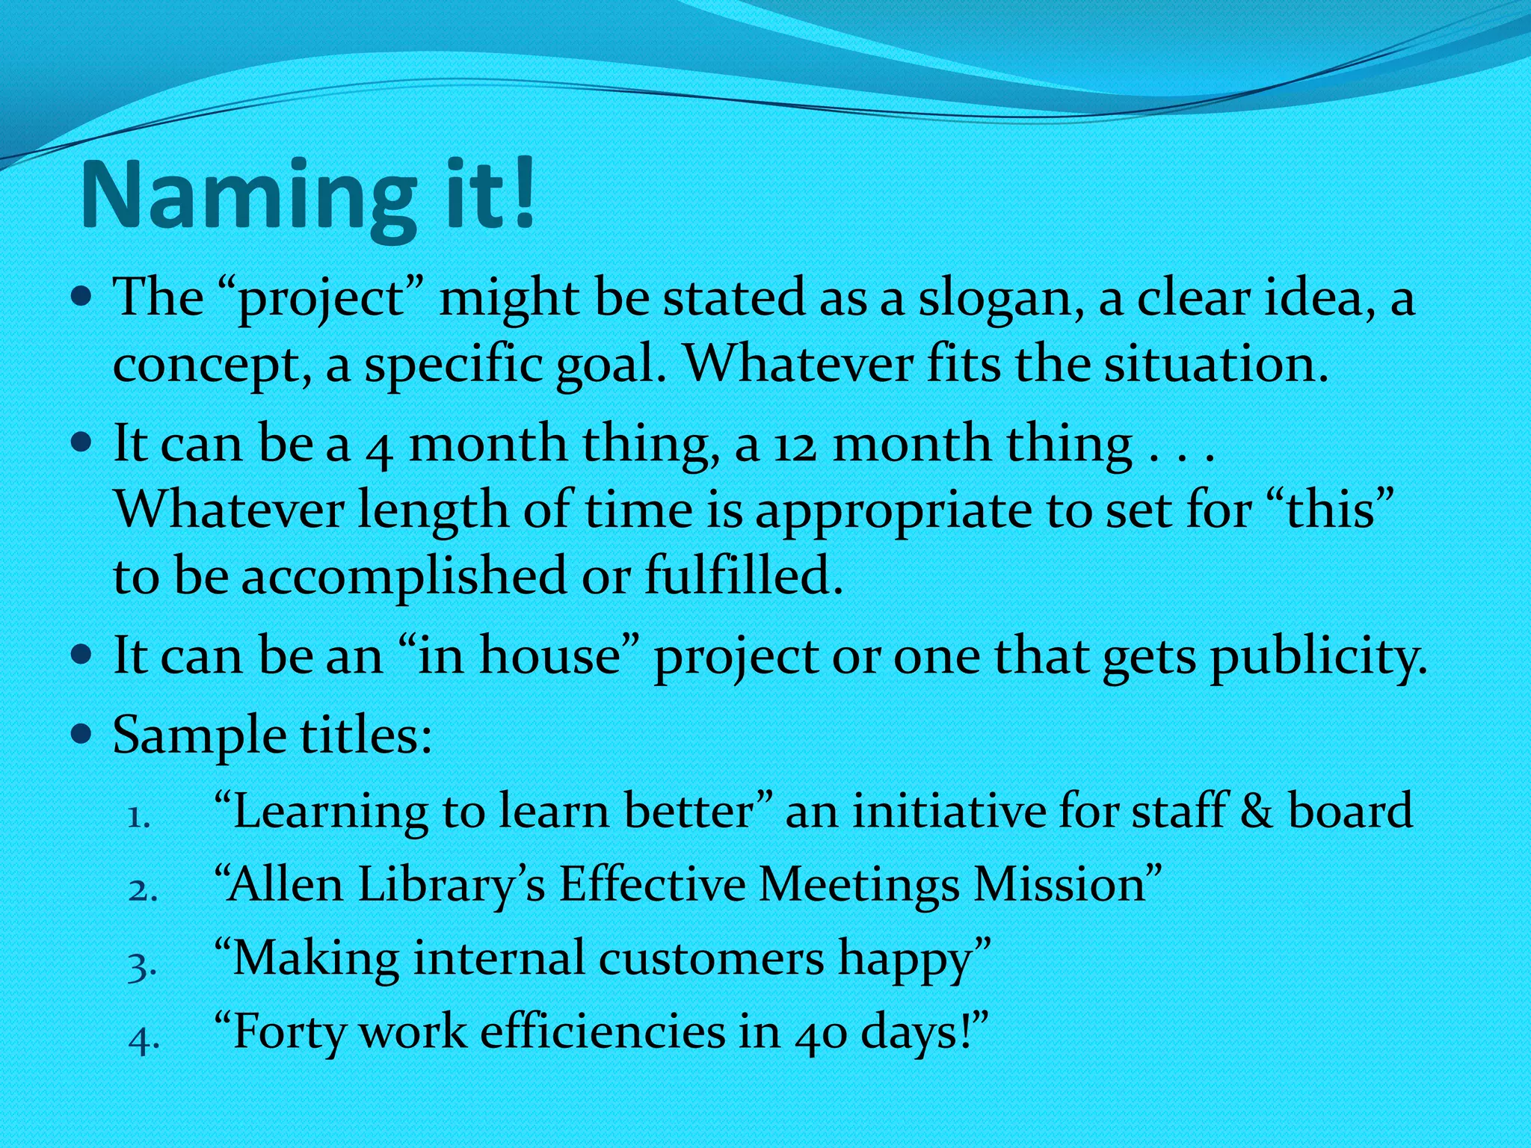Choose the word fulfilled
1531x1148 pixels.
tap(743, 576)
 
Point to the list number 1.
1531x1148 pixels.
tap(139, 817)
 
